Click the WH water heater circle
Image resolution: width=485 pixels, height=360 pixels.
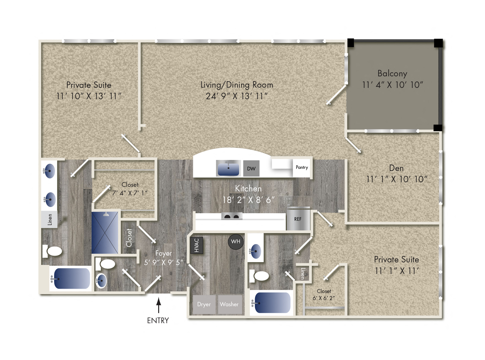coord(236,242)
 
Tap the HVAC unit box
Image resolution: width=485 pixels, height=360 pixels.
coord(197,245)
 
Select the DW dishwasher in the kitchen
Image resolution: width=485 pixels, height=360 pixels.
coord(251,169)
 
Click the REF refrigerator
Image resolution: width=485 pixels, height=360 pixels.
coord(298,219)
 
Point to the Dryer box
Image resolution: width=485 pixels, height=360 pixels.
coord(204,304)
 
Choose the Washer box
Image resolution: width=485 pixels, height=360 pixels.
coord(229,304)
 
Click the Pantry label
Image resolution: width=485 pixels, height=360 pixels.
coord(302,167)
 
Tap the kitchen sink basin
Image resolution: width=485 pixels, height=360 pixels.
coord(228,169)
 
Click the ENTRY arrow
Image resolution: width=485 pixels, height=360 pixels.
coord(159,305)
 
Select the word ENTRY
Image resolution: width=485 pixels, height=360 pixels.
coord(158,320)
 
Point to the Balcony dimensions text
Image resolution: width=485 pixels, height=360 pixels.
coord(392,85)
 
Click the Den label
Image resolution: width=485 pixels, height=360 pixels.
coord(396,168)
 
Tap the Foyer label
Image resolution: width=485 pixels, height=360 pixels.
coord(164,253)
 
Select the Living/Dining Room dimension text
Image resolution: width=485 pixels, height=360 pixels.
coord(237,96)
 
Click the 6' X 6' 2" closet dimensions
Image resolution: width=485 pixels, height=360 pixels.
coord(324,298)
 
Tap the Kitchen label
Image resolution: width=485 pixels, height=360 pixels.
coord(248,189)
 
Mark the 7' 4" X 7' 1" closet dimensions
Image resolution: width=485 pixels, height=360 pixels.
coord(130,193)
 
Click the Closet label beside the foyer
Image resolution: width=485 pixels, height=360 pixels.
coord(129,238)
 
